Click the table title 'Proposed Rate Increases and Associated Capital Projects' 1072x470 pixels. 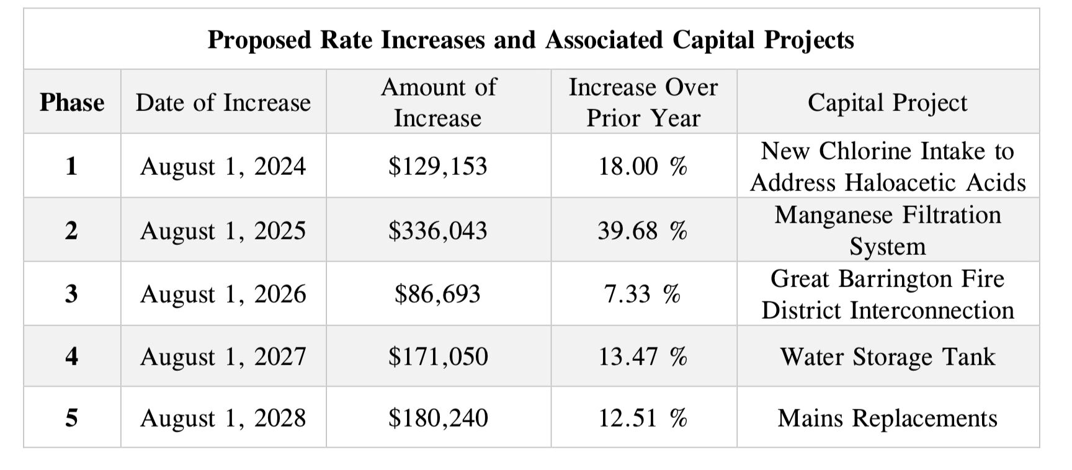(x=530, y=40)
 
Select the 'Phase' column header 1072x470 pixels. (x=72, y=102)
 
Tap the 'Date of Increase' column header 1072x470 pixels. (x=223, y=102)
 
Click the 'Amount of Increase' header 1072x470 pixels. (x=438, y=102)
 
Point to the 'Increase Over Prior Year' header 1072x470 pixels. (x=643, y=102)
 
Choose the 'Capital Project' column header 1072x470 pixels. (x=887, y=102)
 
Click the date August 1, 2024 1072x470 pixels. (x=223, y=166)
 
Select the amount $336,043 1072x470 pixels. (x=438, y=231)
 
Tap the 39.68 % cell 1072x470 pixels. (x=643, y=231)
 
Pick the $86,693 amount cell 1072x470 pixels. (x=438, y=293)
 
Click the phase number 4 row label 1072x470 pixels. (x=72, y=356)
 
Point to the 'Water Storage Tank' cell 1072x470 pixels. (x=887, y=357)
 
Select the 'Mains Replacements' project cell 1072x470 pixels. (x=887, y=418)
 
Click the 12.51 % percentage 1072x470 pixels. (x=643, y=418)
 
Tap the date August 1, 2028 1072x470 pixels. (x=223, y=418)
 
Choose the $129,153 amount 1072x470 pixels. (x=438, y=166)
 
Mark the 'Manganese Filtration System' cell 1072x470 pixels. (x=887, y=231)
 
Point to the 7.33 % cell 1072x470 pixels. (x=643, y=293)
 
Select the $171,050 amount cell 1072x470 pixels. (x=438, y=357)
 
